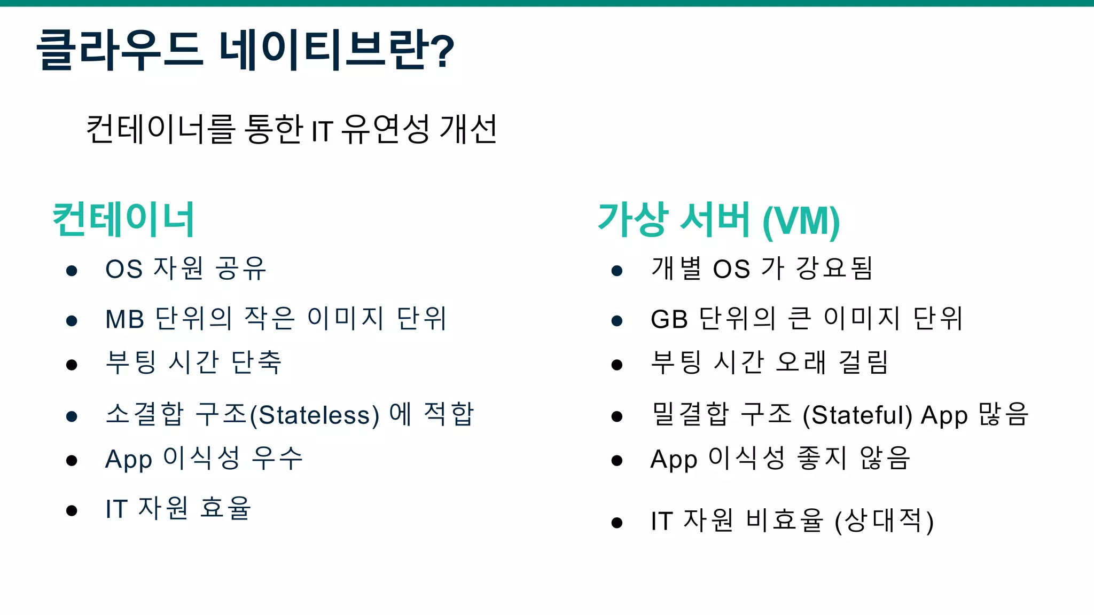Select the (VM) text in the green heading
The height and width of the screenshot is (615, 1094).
(x=801, y=221)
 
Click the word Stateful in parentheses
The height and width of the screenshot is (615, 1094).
(x=858, y=415)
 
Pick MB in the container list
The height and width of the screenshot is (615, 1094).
(x=125, y=319)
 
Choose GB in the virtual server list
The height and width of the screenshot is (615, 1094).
(x=669, y=319)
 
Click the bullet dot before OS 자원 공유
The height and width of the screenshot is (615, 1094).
(x=72, y=271)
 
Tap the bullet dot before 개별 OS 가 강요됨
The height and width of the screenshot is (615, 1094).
(x=617, y=271)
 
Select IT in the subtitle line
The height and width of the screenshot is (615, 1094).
(x=322, y=131)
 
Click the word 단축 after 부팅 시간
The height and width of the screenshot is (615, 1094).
(x=256, y=362)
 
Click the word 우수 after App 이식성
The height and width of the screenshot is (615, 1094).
(x=277, y=458)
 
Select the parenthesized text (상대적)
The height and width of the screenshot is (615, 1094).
(x=884, y=521)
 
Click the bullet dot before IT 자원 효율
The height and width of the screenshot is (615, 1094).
(x=72, y=510)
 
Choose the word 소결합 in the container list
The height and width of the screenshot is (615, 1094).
(x=145, y=414)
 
